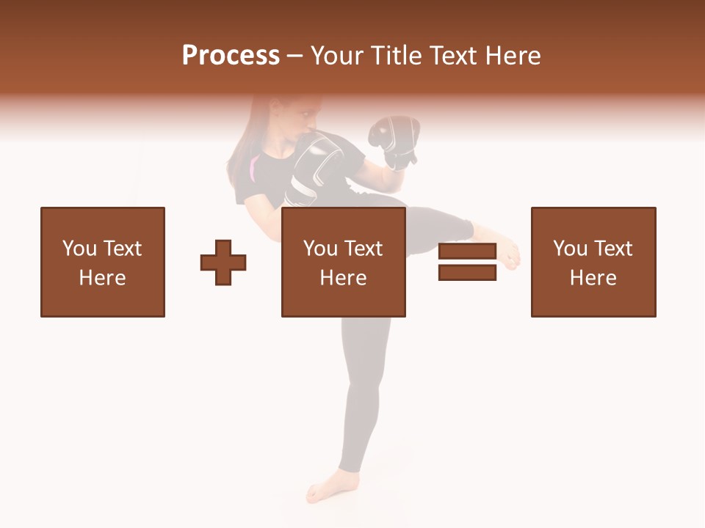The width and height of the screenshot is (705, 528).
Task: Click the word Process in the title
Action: (231, 56)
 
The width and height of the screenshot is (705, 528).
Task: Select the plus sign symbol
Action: (223, 262)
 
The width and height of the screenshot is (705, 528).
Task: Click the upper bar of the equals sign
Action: (467, 252)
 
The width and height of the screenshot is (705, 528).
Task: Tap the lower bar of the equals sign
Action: (467, 272)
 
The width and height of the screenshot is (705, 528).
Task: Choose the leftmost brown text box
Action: (103, 262)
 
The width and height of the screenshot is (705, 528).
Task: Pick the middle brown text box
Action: (344, 262)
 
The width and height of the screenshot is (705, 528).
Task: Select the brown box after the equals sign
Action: (593, 262)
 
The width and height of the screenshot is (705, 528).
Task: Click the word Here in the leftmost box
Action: (103, 278)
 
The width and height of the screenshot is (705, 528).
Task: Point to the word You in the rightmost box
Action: (570, 249)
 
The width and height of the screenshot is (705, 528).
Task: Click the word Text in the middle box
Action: (365, 249)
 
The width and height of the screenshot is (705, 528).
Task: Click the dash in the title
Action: (294, 56)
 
